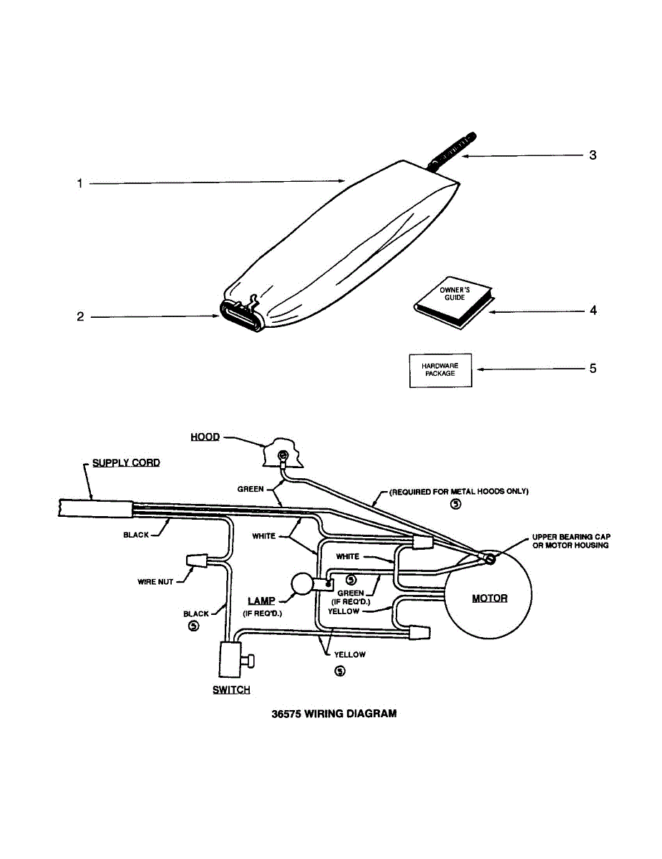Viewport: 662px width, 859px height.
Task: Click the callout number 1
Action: click(x=80, y=183)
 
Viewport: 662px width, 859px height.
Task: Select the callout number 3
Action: click(x=593, y=155)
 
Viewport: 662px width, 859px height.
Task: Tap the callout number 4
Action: click(x=593, y=311)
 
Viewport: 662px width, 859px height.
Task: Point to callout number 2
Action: click(x=80, y=316)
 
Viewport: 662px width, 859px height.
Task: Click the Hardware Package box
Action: click(x=440, y=370)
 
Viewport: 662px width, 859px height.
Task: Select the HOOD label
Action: click(x=205, y=437)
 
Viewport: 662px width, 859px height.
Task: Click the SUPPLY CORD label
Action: click(x=126, y=462)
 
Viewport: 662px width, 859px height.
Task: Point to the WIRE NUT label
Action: click(x=155, y=581)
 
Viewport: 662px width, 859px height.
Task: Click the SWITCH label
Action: click(x=231, y=690)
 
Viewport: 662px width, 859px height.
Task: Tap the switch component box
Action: click(x=231, y=659)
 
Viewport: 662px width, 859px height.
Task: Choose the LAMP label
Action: click(x=261, y=601)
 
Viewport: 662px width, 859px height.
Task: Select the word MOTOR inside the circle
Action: click(x=490, y=598)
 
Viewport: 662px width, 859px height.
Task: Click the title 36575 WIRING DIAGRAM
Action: click(x=334, y=714)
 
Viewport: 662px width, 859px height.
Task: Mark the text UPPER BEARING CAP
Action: click(x=571, y=536)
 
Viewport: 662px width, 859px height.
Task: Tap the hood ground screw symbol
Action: click(x=283, y=455)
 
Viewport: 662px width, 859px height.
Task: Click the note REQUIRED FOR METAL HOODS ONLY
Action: click(x=459, y=492)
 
